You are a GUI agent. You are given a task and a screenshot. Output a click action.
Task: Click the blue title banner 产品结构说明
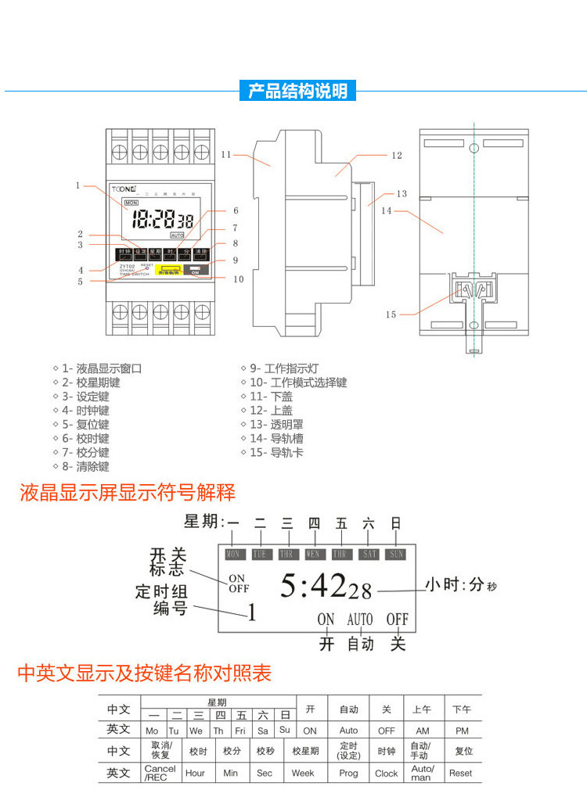(x=297, y=91)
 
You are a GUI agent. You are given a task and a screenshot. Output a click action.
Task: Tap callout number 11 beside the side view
(x=226, y=154)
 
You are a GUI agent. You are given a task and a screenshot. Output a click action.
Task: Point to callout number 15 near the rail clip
(x=391, y=314)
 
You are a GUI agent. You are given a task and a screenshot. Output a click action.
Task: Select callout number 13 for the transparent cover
(x=402, y=193)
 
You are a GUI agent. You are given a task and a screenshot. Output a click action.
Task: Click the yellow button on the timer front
(x=168, y=271)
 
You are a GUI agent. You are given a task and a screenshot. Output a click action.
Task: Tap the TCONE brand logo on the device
(x=124, y=189)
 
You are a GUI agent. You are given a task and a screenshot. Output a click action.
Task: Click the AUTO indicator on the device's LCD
(x=177, y=235)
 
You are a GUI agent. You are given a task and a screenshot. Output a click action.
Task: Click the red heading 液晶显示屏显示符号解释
(x=127, y=493)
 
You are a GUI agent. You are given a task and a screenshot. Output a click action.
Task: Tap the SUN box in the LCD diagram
(x=396, y=554)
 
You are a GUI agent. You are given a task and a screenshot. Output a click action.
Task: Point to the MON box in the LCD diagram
(x=233, y=554)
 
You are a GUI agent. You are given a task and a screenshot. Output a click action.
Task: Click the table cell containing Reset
(x=461, y=773)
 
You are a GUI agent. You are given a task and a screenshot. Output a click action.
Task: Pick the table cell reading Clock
(x=386, y=773)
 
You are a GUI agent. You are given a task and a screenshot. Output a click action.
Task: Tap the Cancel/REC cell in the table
(x=160, y=773)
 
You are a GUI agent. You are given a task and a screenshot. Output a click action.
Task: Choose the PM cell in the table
(x=462, y=730)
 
